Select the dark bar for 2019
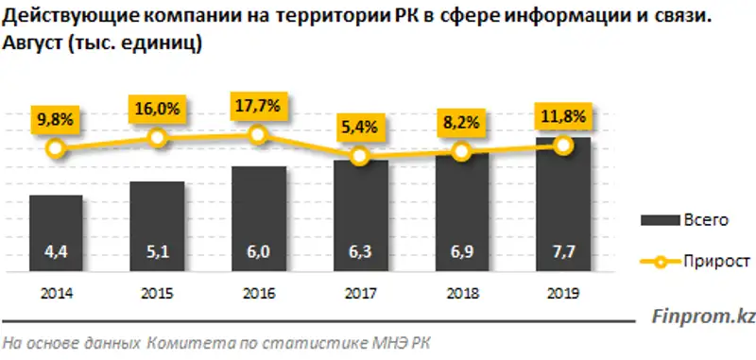[563, 204]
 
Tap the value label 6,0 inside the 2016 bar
[259, 252]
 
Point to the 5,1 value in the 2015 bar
[158, 252]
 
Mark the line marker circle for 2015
[158, 138]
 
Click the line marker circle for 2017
[360, 156]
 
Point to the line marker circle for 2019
[563, 145]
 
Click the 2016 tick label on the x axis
[259, 292]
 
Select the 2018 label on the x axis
[461, 292]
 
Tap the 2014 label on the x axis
[56, 292]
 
